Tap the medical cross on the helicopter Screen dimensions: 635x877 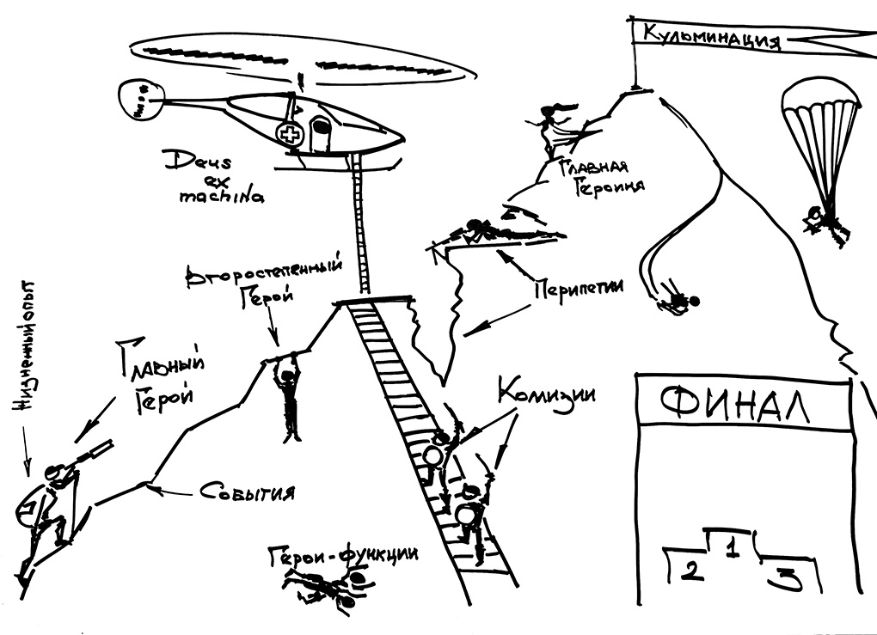290,133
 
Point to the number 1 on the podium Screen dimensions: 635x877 732,547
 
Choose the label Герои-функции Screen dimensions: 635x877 344,555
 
